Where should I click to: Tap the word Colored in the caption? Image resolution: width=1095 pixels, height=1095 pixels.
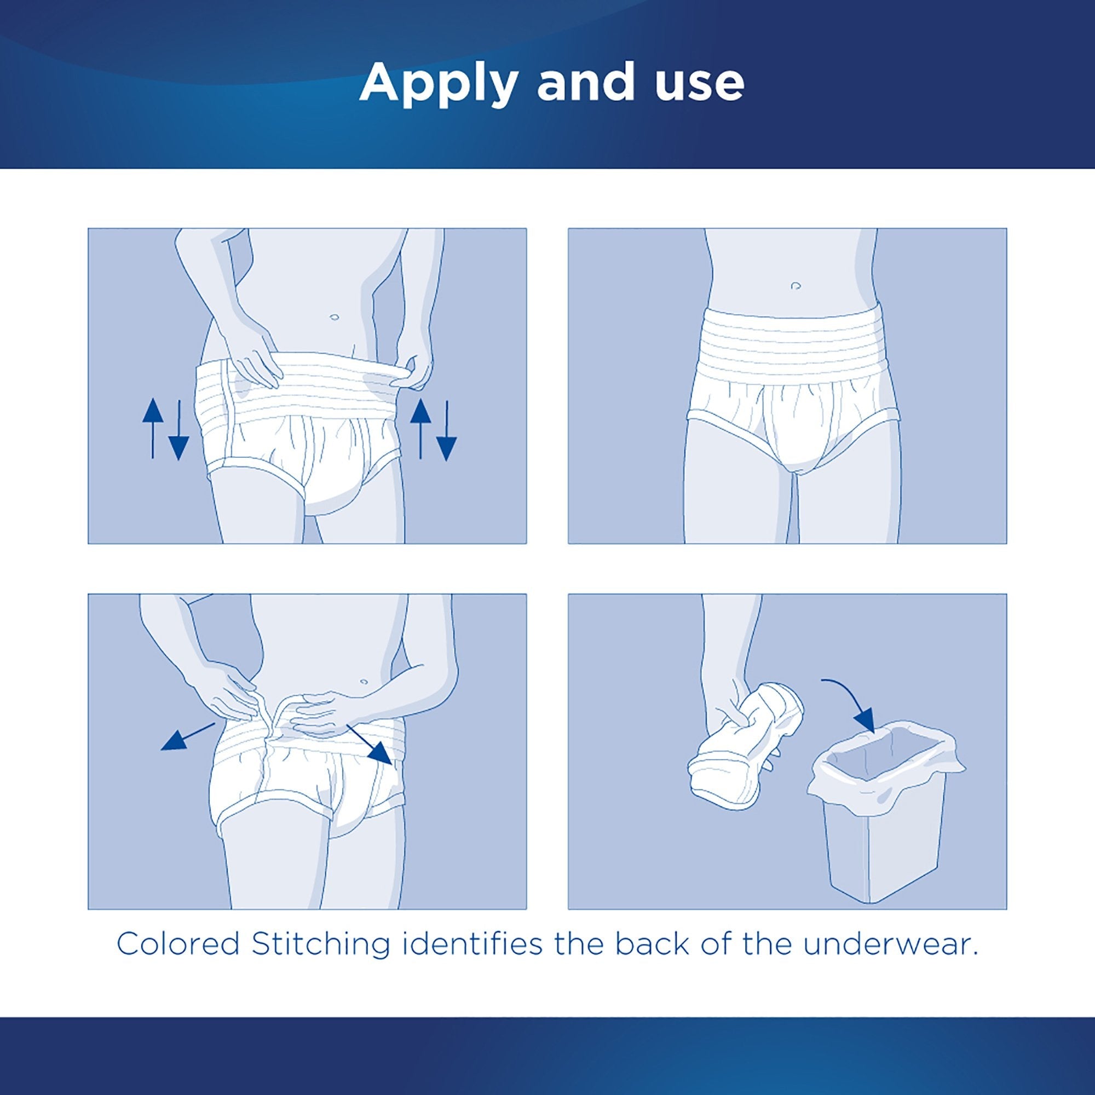point(178,944)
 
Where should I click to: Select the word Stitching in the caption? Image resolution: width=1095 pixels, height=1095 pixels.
point(321,944)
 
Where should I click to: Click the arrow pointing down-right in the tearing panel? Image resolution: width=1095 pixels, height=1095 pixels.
point(371,745)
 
